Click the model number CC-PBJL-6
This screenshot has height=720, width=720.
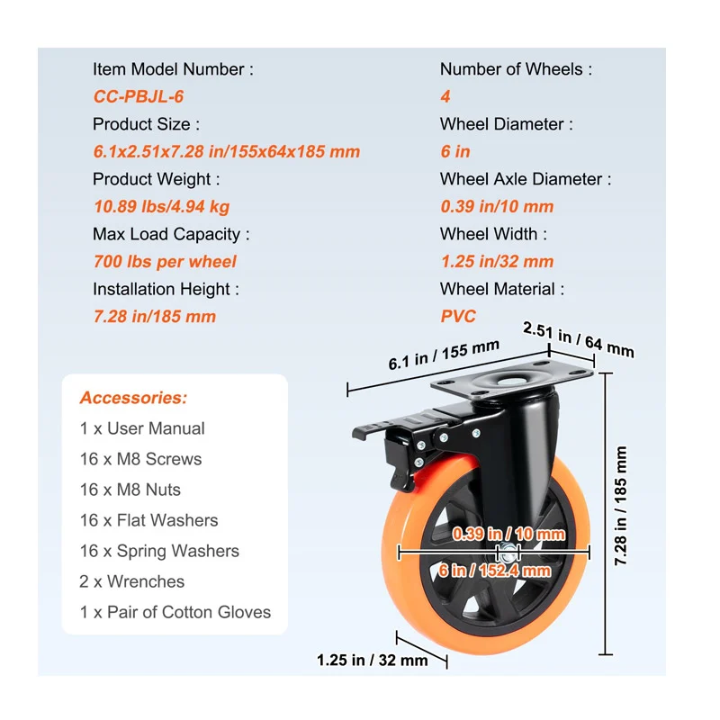139,96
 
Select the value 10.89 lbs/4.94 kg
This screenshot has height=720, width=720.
161,206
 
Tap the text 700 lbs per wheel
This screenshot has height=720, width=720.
165,262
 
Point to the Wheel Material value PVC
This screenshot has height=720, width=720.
458,316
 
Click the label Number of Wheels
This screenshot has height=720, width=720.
517,69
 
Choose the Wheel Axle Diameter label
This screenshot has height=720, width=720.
525,179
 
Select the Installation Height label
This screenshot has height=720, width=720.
166,289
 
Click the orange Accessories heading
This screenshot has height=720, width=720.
133,398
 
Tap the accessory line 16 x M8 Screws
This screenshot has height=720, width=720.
140,459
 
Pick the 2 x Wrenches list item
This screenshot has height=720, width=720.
131,581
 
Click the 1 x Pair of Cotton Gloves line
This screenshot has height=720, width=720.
175,612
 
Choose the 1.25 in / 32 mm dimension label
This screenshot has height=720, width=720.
372,661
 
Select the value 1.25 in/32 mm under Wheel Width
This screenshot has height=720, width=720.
497,262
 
